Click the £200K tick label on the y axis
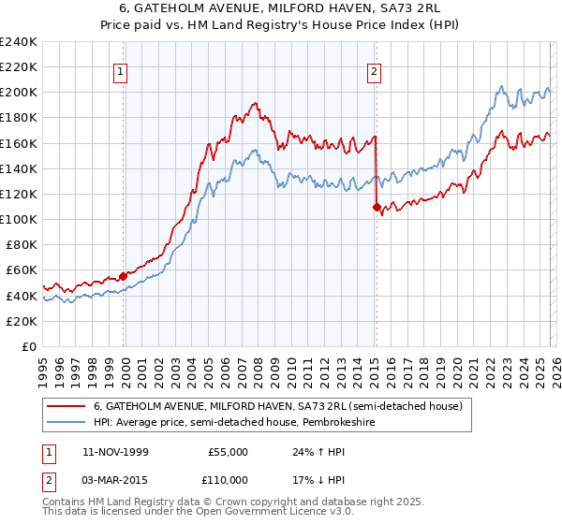[19, 93]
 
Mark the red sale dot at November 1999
[124, 276]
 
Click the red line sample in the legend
[66, 406]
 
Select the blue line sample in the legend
[66, 422]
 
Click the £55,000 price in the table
[228, 452]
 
